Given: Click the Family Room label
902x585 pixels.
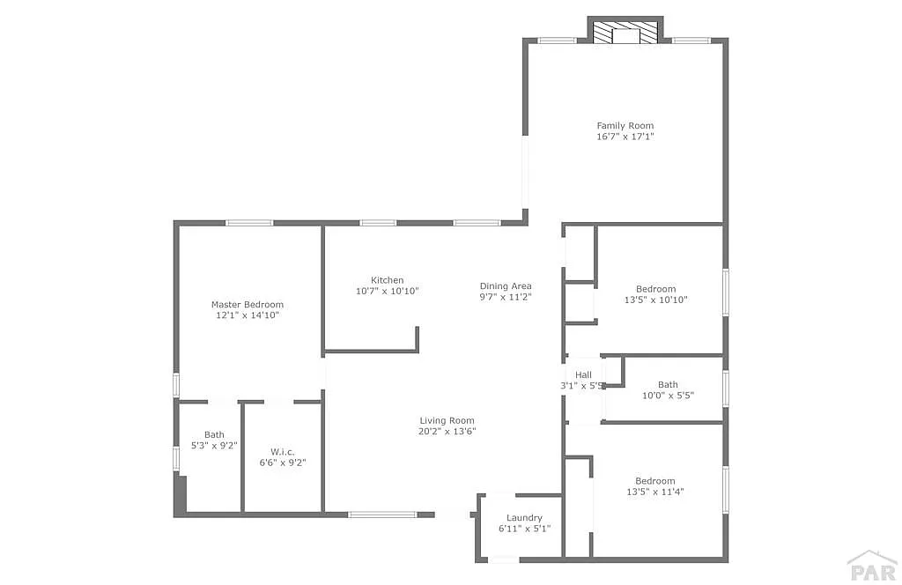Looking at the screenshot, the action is tap(625, 125).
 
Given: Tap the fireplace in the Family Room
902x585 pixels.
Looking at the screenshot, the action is tap(625, 33).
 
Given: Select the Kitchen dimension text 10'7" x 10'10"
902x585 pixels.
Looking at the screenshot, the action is tap(388, 291).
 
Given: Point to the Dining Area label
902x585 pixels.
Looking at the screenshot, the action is tap(506, 285).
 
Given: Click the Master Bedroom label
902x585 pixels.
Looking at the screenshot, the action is tap(248, 304).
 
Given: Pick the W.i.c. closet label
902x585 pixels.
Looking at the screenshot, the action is tap(283, 452).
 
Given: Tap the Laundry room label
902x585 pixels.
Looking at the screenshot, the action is tap(524, 518).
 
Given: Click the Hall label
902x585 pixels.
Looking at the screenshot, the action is tap(583, 375).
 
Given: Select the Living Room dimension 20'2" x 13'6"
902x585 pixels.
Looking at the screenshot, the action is tap(447, 432).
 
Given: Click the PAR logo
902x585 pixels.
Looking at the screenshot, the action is tap(872, 566).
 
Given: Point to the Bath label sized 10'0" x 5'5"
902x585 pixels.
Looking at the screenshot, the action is tap(668, 384).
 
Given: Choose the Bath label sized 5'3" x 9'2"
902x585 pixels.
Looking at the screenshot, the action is tap(214, 435).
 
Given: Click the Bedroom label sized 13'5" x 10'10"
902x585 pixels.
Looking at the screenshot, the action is tap(655, 289).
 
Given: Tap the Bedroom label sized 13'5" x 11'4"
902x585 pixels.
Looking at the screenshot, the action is tap(655, 481).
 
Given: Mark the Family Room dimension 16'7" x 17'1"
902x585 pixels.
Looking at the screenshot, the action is tap(625, 137).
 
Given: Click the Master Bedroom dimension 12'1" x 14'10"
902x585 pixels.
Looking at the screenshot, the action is tap(248, 315).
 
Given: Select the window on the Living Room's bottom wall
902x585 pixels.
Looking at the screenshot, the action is tap(382, 515).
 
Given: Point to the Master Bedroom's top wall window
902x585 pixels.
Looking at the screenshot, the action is tap(249, 223).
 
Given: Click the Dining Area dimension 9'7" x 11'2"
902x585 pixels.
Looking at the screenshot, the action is tap(506, 298).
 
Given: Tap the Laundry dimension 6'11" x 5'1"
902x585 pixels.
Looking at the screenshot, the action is tap(525, 529).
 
